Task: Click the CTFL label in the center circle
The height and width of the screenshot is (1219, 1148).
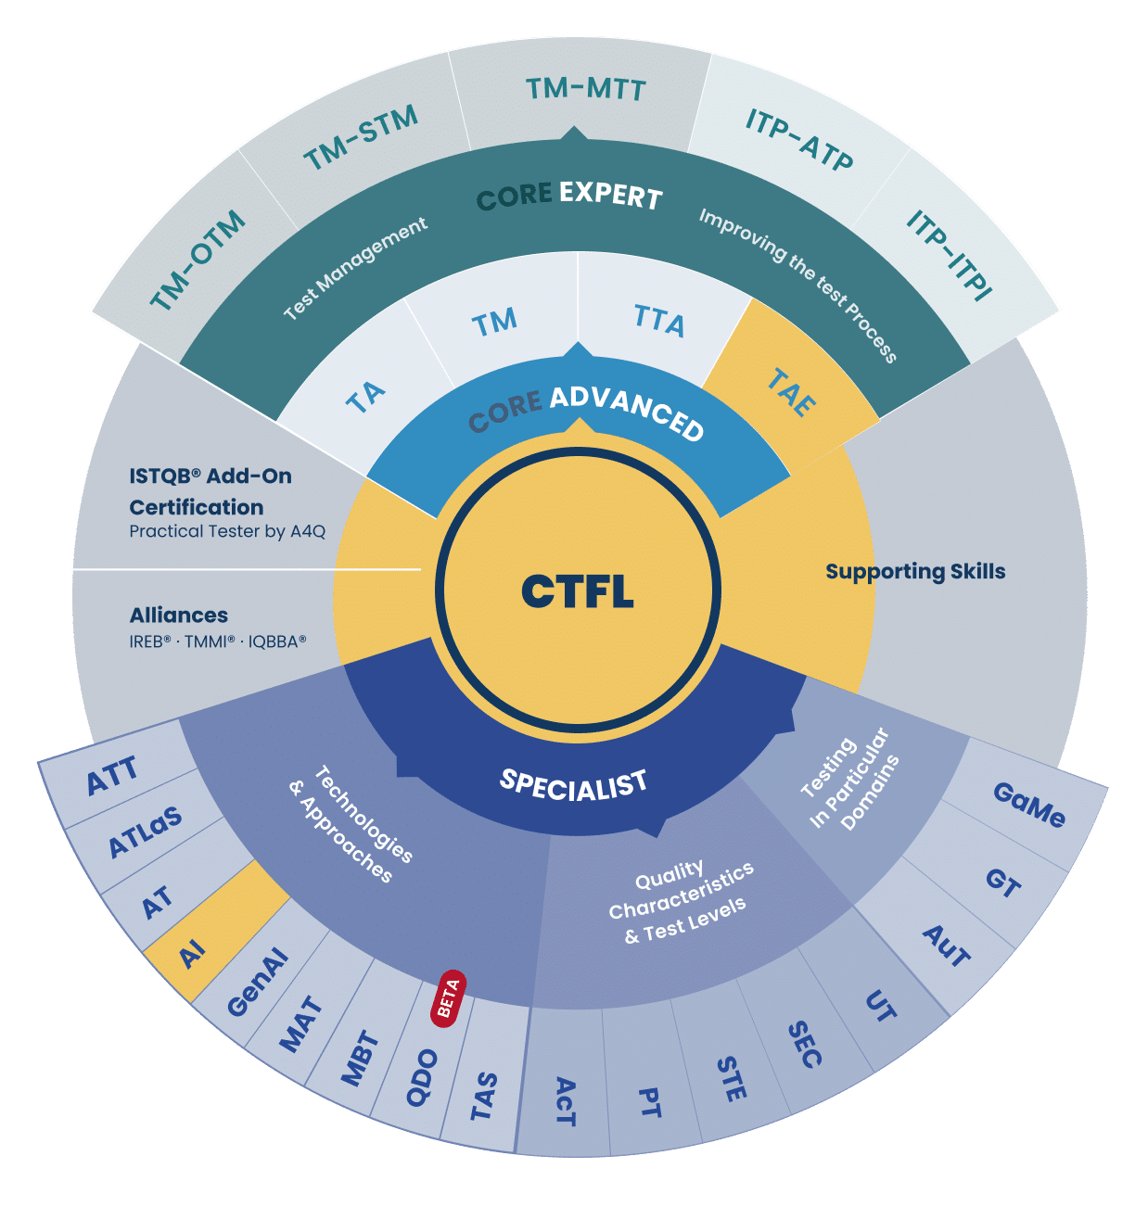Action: point(577,591)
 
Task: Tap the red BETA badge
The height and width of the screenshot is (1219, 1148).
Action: point(448,998)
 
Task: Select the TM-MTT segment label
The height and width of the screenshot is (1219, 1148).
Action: point(585,90)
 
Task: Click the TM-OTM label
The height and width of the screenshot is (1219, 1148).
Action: point(198,261)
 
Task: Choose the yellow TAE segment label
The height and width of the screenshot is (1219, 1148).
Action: point(791,392)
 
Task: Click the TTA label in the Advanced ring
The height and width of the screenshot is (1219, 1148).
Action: point(659,321)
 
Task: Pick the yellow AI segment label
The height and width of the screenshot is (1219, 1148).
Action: point(192,953)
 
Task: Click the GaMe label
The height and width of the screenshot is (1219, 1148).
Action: point(1029,805)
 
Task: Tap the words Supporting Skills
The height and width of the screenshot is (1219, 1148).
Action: point(915,571)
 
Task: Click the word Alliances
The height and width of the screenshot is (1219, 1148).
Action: point(179,616)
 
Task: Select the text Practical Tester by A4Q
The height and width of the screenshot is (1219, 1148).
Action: point(227,531)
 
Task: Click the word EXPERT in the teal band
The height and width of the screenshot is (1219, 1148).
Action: point(610,195)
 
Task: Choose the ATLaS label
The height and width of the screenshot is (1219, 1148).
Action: point(146,832)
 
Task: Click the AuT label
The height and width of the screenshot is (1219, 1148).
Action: point(947,946)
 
